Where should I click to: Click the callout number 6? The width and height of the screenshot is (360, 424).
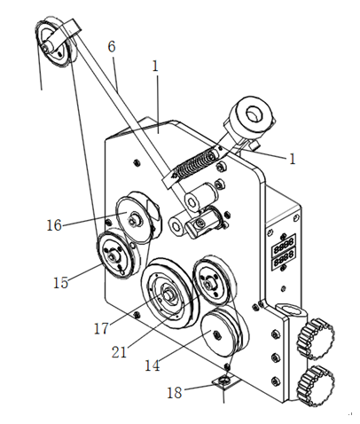coord(112,47)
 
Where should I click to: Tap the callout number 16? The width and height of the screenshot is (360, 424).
coord(54,225)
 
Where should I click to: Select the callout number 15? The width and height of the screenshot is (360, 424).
coord(60,282)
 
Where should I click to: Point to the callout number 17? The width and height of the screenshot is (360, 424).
coord(101,328)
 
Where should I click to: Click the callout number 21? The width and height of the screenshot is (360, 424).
coord(119,352)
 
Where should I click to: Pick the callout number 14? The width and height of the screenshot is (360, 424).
coord(153,365)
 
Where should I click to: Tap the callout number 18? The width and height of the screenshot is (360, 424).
coord(175,393)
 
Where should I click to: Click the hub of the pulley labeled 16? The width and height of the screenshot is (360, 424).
coord(132,220)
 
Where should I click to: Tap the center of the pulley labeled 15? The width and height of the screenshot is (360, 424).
coord(113,255)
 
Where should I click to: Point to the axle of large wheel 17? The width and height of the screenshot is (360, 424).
coord(168,294)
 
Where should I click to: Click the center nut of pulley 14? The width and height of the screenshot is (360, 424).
coord(216,334)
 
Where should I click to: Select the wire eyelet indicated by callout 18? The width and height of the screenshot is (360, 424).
coord(225,380)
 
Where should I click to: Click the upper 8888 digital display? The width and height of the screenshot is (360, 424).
coord(284,241)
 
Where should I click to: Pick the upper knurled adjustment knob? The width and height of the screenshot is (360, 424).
coord(316,339)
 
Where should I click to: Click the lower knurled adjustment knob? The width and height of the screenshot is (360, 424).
coord(316,387)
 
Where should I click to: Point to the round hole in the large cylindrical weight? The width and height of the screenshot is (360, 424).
coord(254,114)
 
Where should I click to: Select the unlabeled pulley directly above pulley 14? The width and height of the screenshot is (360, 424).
coord(212,280)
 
